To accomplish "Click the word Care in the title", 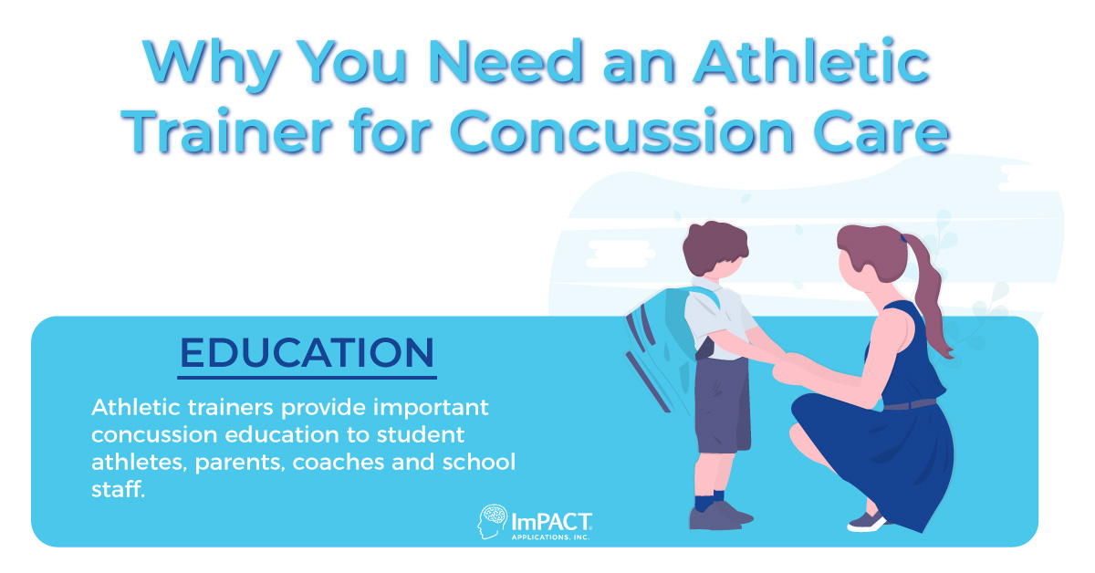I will tap(881, 134).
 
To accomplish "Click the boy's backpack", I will tap(658, 338).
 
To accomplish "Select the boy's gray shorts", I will tap(722, 401).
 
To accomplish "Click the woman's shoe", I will tap(866, 521).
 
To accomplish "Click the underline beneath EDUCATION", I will tap(307, 377).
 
